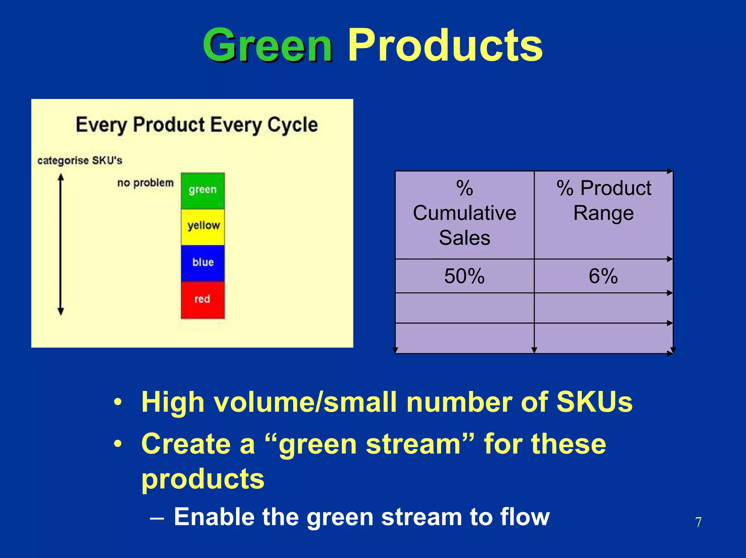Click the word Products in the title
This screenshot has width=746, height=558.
(445, 45)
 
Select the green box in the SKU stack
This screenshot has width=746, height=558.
(203, 190)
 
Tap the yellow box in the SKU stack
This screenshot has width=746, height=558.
(203, 226)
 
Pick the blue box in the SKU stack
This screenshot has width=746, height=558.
(203, 263)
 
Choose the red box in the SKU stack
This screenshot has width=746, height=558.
(203, 299)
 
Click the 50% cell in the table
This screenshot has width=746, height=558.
(464, 276)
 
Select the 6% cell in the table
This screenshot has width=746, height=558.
(603, 276)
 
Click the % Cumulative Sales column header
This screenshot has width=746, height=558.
(464, 213)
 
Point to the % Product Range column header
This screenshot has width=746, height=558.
(603, 201)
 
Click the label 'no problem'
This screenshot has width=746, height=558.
(145, 183)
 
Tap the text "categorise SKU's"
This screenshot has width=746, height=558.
(80, 160)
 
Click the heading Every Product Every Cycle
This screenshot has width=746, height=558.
(197, 125)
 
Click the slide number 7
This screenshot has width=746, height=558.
(698, 522)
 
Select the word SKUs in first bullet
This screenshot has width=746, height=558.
(594, 402)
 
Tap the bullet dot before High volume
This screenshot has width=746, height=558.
(117, 403)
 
